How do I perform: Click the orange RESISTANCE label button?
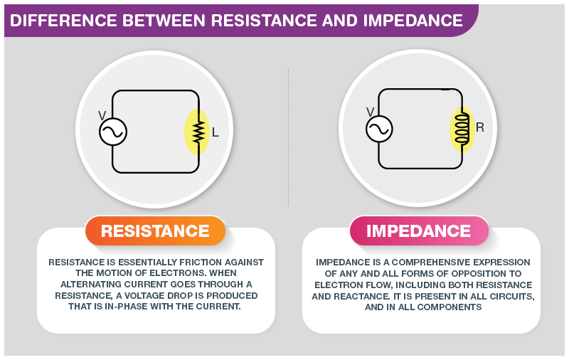click(155, 231)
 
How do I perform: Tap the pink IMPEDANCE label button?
click(418, 231)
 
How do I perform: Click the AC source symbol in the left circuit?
click(112, 132)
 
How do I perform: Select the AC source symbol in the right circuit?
click(379, 129)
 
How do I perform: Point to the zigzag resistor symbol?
click(198, 132)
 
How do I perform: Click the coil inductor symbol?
click(462, 129)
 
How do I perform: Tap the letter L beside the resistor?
click(216, 132)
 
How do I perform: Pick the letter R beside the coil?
click(480, 128)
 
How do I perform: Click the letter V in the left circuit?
click(102, 114)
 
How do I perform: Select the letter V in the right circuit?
click(370, 111)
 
